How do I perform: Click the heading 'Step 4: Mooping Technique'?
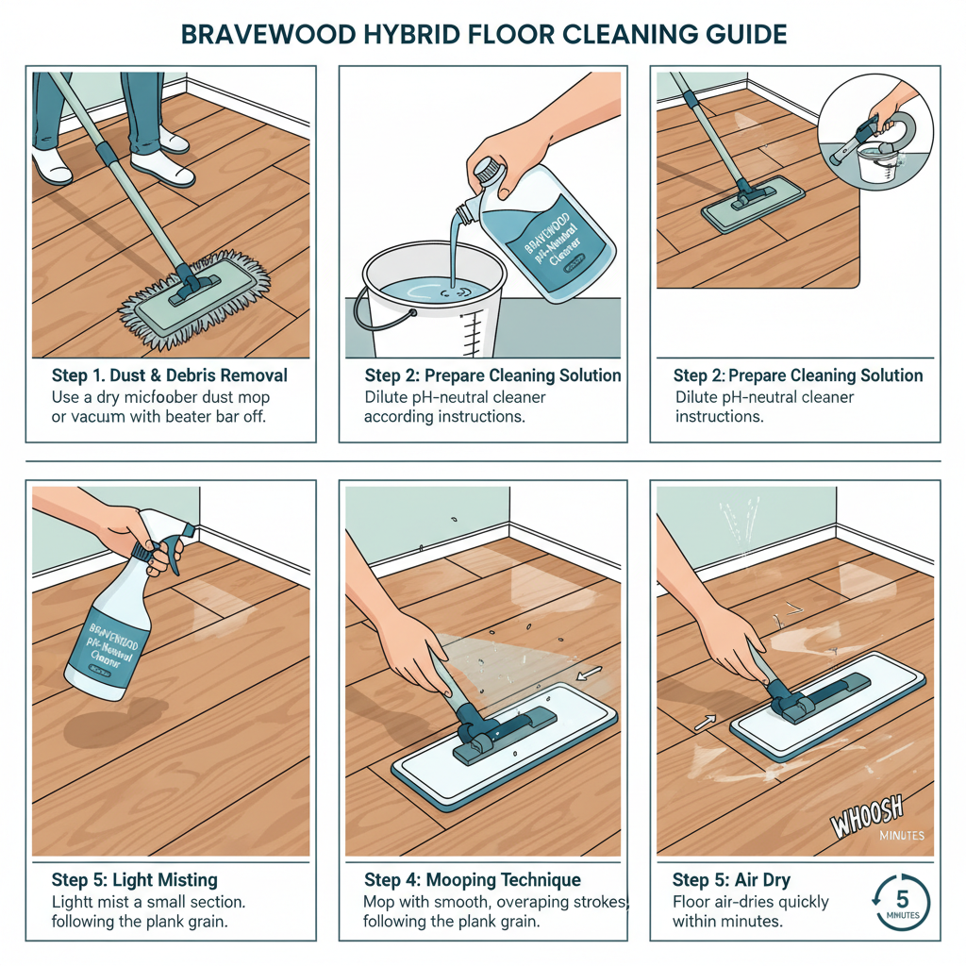tap(472, 880)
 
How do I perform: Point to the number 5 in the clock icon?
tap(902, 897)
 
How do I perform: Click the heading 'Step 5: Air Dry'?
tap(731, 880)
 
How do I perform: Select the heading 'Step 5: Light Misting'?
tap(134, 880)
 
